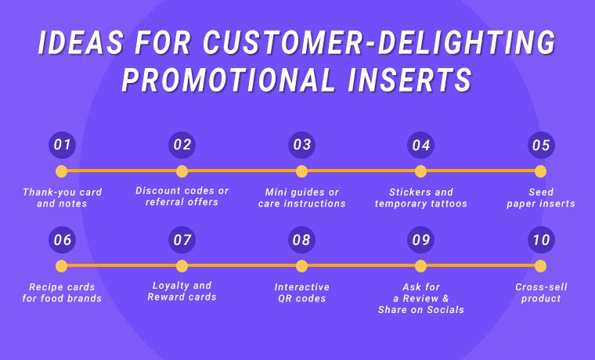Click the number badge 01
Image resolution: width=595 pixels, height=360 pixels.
click(62, 145)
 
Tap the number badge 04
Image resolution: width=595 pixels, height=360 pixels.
click(421, 145)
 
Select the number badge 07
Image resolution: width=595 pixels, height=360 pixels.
click(182, 240)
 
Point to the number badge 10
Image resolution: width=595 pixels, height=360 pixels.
click(540, 240)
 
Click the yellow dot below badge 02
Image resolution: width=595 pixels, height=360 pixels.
click(182, 171)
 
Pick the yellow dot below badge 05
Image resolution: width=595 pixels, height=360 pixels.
click(540, 171)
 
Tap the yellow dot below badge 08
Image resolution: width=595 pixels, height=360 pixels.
click(301, 266)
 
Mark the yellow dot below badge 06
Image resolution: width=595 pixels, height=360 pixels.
click(62, 266)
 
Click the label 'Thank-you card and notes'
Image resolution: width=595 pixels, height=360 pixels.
click(62, 198)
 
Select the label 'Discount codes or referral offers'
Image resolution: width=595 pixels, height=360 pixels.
click(182, 196)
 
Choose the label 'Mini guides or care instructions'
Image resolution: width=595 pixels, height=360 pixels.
click(301, 198)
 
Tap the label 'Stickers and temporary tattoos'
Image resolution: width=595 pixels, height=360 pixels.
click(421, 198)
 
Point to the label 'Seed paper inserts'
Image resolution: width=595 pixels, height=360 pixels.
click(540, 198)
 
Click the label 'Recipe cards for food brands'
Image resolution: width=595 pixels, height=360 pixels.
click(62, 293)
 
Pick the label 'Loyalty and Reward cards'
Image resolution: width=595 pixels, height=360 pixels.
click(182, 291)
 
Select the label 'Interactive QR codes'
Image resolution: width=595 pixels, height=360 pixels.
click(301, 293)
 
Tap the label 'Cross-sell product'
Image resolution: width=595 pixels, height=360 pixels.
click(540, 293)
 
